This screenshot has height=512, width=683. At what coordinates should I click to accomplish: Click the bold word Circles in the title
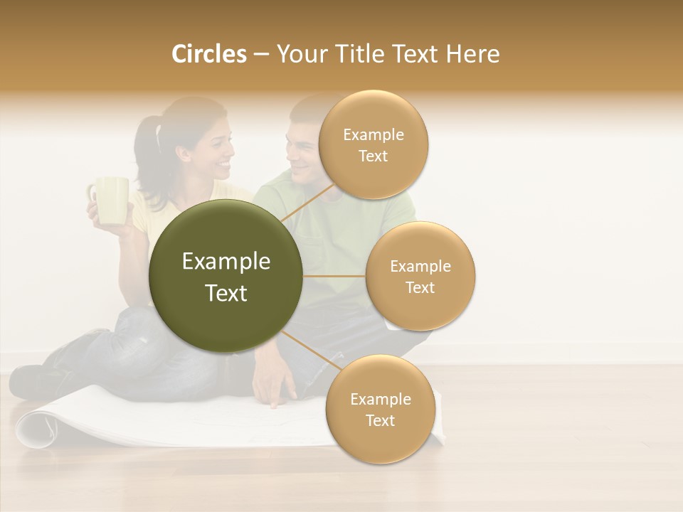(x=208, y=54)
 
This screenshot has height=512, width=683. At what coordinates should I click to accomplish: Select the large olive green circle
(x=226, y=276)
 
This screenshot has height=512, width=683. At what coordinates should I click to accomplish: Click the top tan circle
(x=373, y=144)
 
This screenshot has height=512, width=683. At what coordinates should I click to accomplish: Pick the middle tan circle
(x=420, y=276)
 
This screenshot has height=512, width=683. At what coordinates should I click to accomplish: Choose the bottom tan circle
(x=380, y=409)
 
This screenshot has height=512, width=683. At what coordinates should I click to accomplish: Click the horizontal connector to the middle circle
(x=334, y=276)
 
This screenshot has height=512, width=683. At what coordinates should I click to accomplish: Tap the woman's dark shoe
(x=32, y=380)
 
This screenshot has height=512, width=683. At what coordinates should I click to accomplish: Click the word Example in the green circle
(x=226, y=261)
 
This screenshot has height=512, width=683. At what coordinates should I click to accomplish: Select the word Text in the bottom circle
(x=380, y=420)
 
